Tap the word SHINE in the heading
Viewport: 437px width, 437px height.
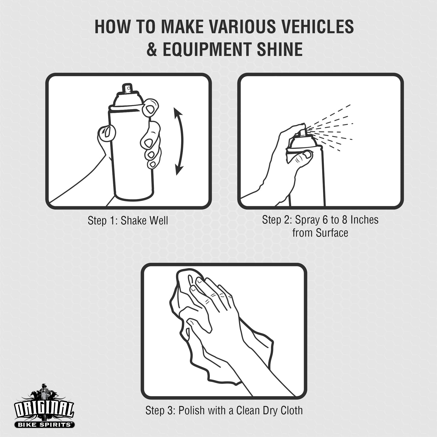[279, 49]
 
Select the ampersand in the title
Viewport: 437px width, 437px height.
[152, 49]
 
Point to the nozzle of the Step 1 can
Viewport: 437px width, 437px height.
[127, 88]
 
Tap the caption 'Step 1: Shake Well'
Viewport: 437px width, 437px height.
[128, 220]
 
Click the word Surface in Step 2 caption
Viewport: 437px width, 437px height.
[332, 233]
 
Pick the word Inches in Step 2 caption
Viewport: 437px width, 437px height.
[364, 220]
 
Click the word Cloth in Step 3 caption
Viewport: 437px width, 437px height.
[290, 410]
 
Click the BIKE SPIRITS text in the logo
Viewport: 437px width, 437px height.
[44, 425]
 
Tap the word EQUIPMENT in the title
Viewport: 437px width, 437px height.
[209, 49]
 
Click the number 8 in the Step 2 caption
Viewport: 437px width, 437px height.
[344, 220]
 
